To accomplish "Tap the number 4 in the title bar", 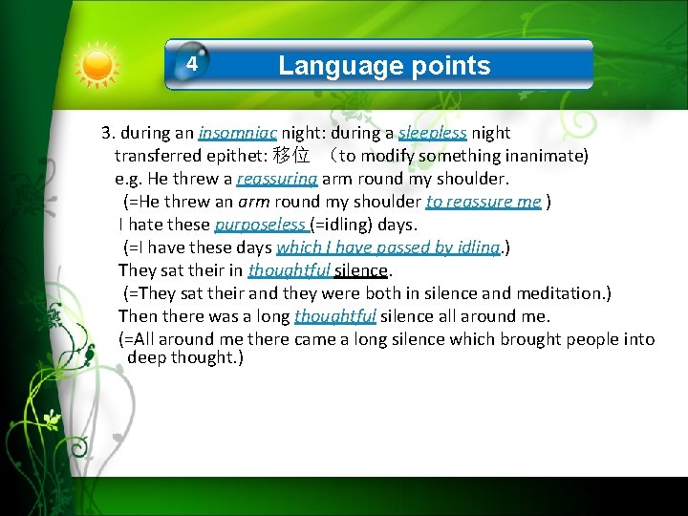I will pyautogui.click(x=192, y=65).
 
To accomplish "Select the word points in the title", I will pyautogui.click(x=447, y=65).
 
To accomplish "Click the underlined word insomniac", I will pyautogui.click(x=238, y=133).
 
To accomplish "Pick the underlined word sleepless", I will pyautogui.click(x=432, y=133).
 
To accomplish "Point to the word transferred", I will pyautogui.click(x=158, y=155).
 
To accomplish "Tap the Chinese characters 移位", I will pyautogui.click(x=291, y=155).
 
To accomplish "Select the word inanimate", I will pyautogui.click(x=548, y=155).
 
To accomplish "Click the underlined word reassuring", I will pyautogui.click(x=276, y=179).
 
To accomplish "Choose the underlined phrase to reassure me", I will pyautogui.click(x=484, y=202).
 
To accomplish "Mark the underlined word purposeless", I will pyautogui.click(x=260, y=225).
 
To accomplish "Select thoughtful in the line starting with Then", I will pyautogui.click(x=334, y=316).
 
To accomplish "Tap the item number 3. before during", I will pyautogui.click(x=108, y=133).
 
